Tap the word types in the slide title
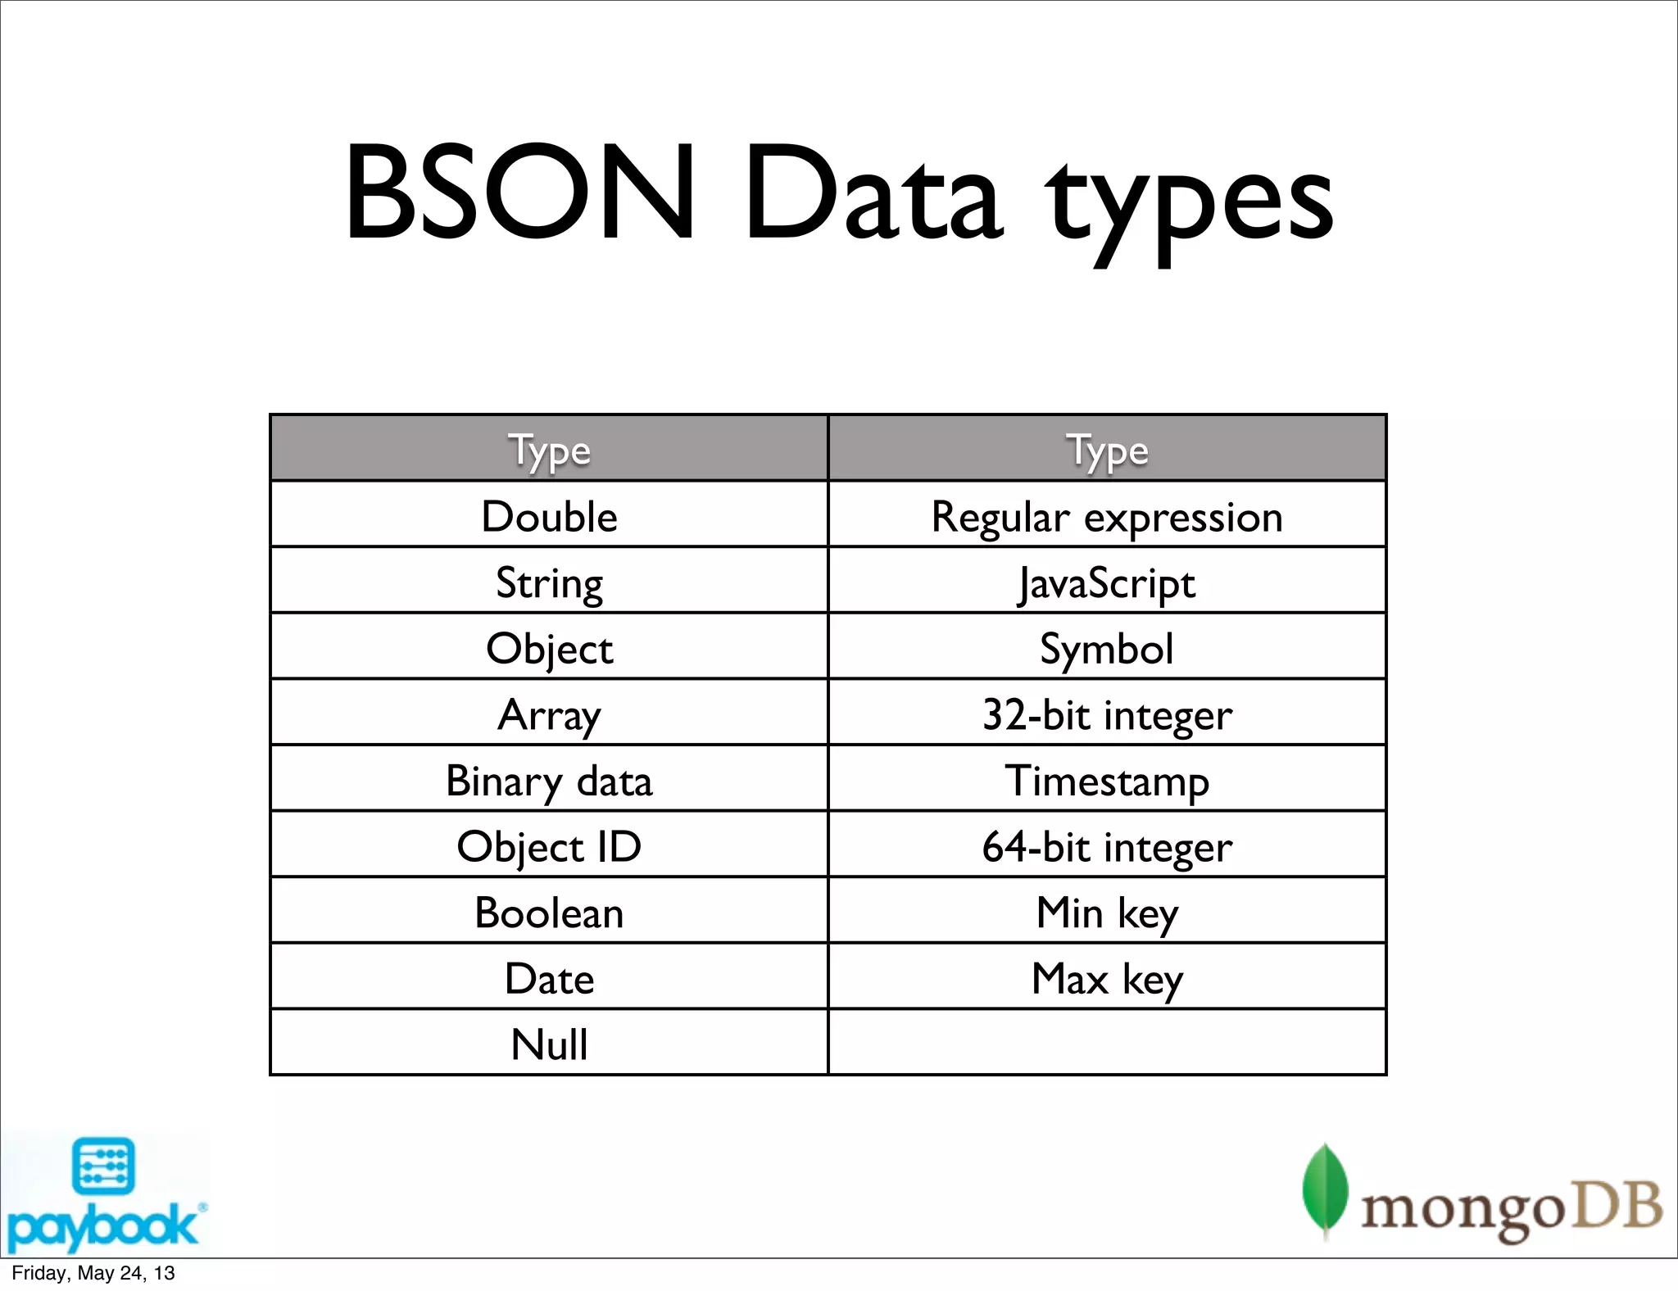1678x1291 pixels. click(x=1190, y=205)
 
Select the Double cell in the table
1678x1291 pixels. click(x=549, y=516)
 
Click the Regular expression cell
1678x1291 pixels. click(x=1107, y=516)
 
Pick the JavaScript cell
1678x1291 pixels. click(x=1107, y=583)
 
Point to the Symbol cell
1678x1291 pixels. click(x=1107, y=649)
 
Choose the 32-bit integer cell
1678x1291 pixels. click(x=1107, y=714)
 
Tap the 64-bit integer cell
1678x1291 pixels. click(x=1107, y=846)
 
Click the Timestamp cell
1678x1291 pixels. click(x=1107, y=781)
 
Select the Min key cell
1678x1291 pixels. click(x=1107, y=913)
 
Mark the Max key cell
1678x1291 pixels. click(x=1107, y=978)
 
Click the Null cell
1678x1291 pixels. click(x=549, y=1044)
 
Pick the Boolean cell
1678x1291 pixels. click(x=549, y=913)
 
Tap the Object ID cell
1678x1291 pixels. click(x=549, y=846)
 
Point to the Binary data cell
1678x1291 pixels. click(x=549, y=781)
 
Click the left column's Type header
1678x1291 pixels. click(x=549, y=450)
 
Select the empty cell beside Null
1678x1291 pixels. click(x=1107, y=1043)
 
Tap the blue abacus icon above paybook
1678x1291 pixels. click(x=103, y=1166)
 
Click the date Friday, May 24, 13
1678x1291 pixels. click(x=93, y=1273)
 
